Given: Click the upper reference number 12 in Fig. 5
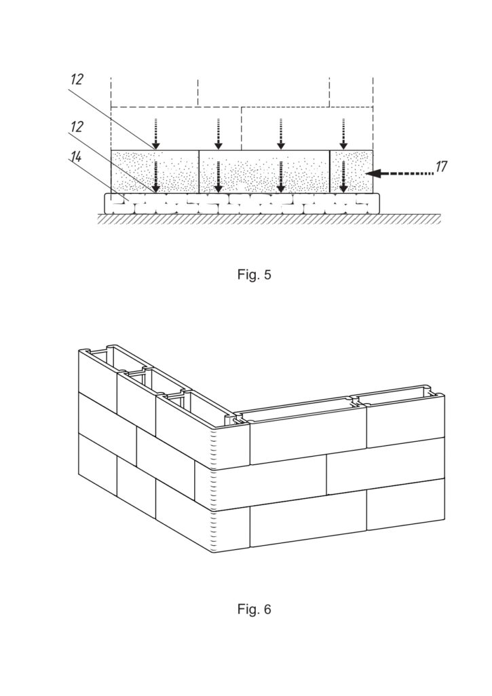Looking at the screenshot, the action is tap(77, 80).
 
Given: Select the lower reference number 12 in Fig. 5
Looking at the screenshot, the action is tap(77, 126).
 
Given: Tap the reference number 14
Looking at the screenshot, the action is tap(77, 156).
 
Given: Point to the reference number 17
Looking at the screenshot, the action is tap(441, 167).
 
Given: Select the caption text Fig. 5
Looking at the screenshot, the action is tap(254, 275).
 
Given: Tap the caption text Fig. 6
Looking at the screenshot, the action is tap(254, 609).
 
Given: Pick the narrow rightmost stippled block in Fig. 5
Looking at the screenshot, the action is tap(352, 171).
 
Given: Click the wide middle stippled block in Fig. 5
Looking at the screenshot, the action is tap(265, 171).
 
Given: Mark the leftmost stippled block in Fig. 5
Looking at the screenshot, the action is tap(155, 171).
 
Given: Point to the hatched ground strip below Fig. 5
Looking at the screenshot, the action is tap(269, 218).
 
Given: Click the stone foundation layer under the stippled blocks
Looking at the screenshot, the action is tap(242, 203).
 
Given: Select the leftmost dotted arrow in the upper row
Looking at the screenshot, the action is tap(155, 134).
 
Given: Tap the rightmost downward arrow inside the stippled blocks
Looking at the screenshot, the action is tap(343, 177).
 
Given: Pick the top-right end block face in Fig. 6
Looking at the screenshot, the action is tap(406, 421).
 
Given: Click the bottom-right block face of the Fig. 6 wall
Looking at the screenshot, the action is tap(406, 508).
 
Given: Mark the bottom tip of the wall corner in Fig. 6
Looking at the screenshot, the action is tap(213, 553).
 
